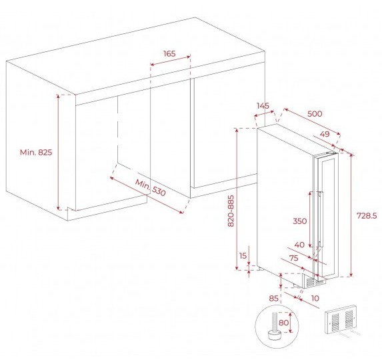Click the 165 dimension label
pyautogui.click(x=169, y=53)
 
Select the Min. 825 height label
pyautogui.click(x=36, y=153)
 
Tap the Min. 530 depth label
pyautogui.click(x=150, y=187)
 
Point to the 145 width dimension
pyautogui.click(x=263, y=106)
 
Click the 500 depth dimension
pyautogui.click(x=315, y=114)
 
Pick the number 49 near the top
pyautogui.click(x=325, y=134)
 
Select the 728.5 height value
pyautogui.click(x=367, y=215)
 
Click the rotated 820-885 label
pyautogui.click(x=231, y=211)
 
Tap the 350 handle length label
pyautogui.click(x=299, y=221)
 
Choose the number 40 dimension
pyautogui.click(x=299, y=245)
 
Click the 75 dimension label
pyautogui.click(x=293, y=258)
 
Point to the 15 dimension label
pyautogui.click(x=243, y=256)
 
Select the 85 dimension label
pyautogui.click(x=273, y=299)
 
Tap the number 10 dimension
pyautogui.click(x=315, y=298)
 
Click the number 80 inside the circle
pyautogui.click(x=283, y=323)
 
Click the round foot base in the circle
pyautogui.click(x=275, y=335)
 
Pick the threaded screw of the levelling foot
pyautogui.click(x=275, y=321)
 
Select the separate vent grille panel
pyautogui.click(x=341, y=319)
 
